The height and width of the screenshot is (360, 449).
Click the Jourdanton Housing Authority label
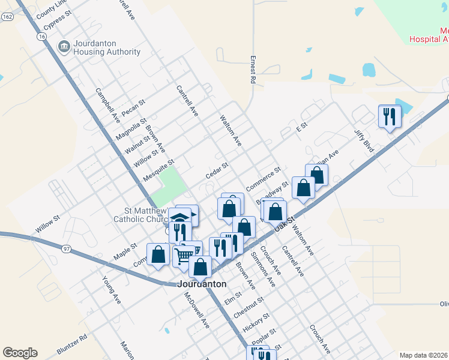coord(106,48)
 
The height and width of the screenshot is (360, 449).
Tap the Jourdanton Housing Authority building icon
coord(63,46)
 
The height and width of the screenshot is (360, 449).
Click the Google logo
coord(20,353)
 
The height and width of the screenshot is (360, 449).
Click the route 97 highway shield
coord(66,248)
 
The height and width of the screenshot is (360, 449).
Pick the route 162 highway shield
coord(7,17)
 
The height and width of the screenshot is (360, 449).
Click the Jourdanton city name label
coord(202,284)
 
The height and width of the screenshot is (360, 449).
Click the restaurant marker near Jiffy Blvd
coord(390,115)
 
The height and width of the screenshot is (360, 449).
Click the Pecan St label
coord(133,108)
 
